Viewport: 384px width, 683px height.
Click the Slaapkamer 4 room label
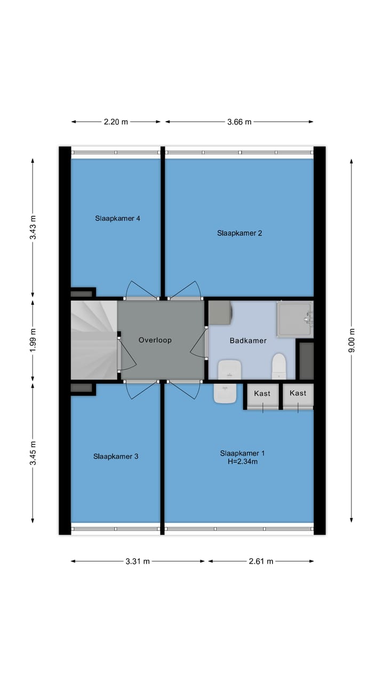coord(117,218)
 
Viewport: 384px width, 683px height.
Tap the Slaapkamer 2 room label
coord(239,233)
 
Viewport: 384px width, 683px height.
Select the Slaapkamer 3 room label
coord(116,456)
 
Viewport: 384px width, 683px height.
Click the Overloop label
coord(155,340)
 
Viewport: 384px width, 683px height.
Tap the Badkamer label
coord(248,340)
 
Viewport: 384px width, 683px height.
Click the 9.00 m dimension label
coord(351,340)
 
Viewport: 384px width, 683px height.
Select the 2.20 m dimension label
coord(116,122)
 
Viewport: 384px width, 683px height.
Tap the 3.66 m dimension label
coord(239,122)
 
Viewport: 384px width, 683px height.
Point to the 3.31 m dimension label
coord(138,561)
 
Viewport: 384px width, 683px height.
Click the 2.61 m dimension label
coord(261,561)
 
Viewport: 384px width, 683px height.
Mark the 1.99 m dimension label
coord(33,340)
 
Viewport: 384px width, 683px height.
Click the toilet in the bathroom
coord(279,366)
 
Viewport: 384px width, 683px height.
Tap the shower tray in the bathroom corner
coord(294,319)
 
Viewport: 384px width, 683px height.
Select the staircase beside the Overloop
coord(94,340)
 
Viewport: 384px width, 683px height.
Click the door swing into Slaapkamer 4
coord(140,290)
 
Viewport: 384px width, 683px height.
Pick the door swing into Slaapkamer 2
coord(185,290)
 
